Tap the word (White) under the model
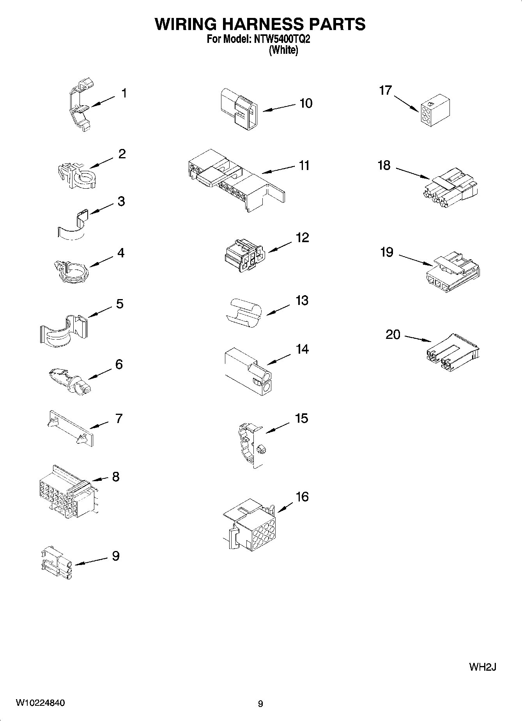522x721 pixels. click(283, 50)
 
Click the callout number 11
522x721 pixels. click(304, 165)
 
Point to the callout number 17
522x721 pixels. click(385, 90)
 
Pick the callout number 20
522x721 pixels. click(393, 335)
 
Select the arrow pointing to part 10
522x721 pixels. click(279, 108)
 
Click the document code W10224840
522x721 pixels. click(40, 703)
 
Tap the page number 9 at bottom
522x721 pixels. click(260, 704)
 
